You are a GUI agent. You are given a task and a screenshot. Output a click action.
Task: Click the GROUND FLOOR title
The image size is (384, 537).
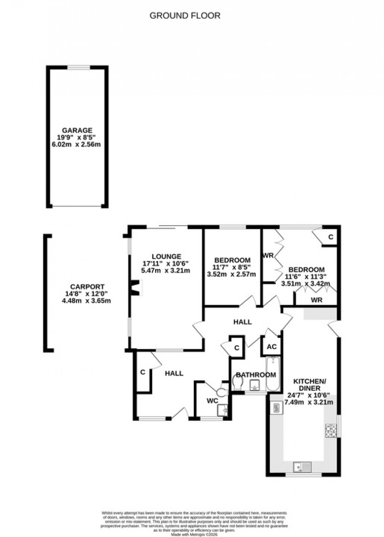185,16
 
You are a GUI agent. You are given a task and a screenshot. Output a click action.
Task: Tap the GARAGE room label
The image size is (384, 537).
77,131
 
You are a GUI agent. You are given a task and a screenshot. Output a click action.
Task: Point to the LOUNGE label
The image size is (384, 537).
166,257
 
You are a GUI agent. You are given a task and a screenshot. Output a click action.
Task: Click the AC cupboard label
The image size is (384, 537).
271,347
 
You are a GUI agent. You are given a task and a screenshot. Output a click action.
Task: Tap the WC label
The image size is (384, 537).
212,401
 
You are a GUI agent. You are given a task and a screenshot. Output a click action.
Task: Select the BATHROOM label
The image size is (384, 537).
256,375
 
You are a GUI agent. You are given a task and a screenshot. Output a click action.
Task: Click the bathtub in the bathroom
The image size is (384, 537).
272,375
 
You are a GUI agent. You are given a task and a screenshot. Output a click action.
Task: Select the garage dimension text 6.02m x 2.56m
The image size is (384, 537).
77,144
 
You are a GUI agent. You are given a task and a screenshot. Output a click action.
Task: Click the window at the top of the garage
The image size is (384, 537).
79,67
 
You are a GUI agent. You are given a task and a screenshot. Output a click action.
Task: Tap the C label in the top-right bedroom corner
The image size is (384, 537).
331,237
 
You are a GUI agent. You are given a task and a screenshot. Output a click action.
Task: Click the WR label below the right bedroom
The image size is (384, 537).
316,300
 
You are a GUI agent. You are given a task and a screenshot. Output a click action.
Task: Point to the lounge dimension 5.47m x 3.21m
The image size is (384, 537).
166,270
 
